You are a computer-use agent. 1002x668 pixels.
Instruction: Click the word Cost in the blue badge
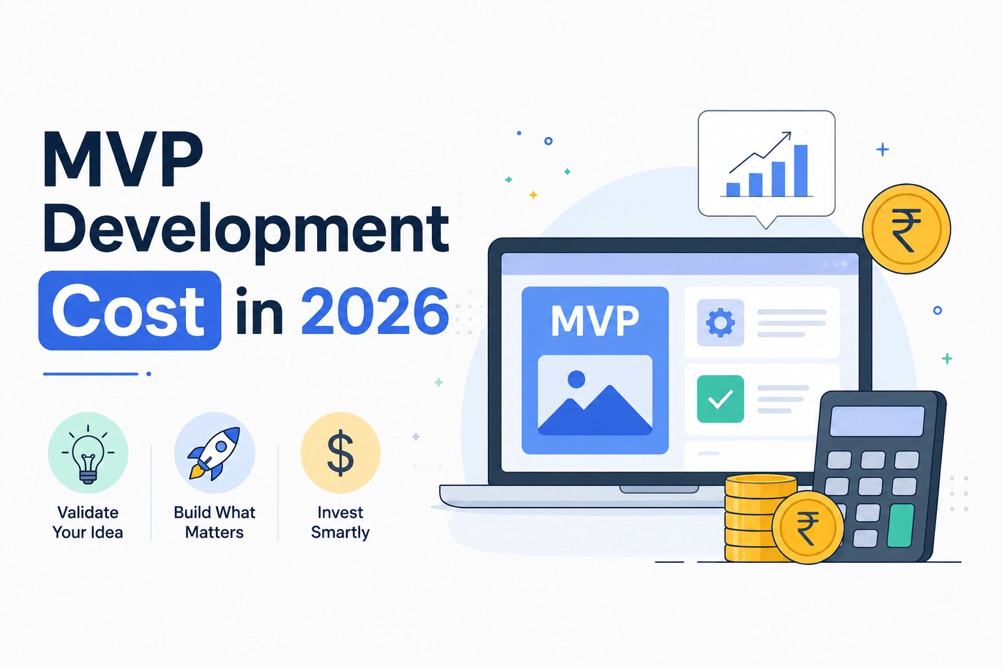[129, 311]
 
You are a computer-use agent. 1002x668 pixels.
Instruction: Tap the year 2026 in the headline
[375, 311]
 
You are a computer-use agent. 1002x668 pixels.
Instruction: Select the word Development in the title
[245, 230]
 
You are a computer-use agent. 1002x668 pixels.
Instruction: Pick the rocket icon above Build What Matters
[214, 453]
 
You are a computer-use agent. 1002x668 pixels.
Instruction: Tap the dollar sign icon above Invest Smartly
[341, 452]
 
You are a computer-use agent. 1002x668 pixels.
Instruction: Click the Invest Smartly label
[341, 522]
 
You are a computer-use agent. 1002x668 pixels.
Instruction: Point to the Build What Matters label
[214, 522]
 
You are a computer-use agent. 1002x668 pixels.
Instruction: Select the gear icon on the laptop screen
[720, 323]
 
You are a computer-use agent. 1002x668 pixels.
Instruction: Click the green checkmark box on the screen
[720, 399]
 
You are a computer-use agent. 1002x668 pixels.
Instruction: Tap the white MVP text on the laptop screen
[595, 321]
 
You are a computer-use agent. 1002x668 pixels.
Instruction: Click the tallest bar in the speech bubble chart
[800, 170]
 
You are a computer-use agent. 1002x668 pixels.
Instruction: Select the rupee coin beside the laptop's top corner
[906, 228]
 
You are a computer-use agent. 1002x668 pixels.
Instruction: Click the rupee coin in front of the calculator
[808, 527]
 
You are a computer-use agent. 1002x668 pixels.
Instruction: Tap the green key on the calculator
[900, 526]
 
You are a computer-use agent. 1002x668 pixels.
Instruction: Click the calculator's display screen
[877, 421]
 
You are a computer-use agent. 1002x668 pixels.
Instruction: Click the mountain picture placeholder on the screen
[595, 395]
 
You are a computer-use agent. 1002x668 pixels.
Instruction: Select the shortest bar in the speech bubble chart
[733, 190]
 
